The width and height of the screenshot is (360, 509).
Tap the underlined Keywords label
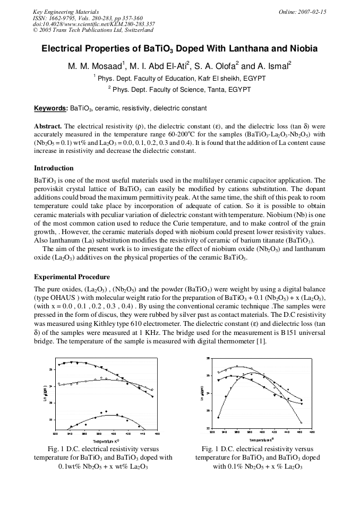tap(50, 108)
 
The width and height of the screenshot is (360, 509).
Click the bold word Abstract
tap(48, 127)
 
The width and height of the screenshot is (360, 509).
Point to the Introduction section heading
tap(54, 168)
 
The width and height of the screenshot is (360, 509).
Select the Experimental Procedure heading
tap(72, 277)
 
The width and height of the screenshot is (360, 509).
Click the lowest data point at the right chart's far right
tap(302, 423)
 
